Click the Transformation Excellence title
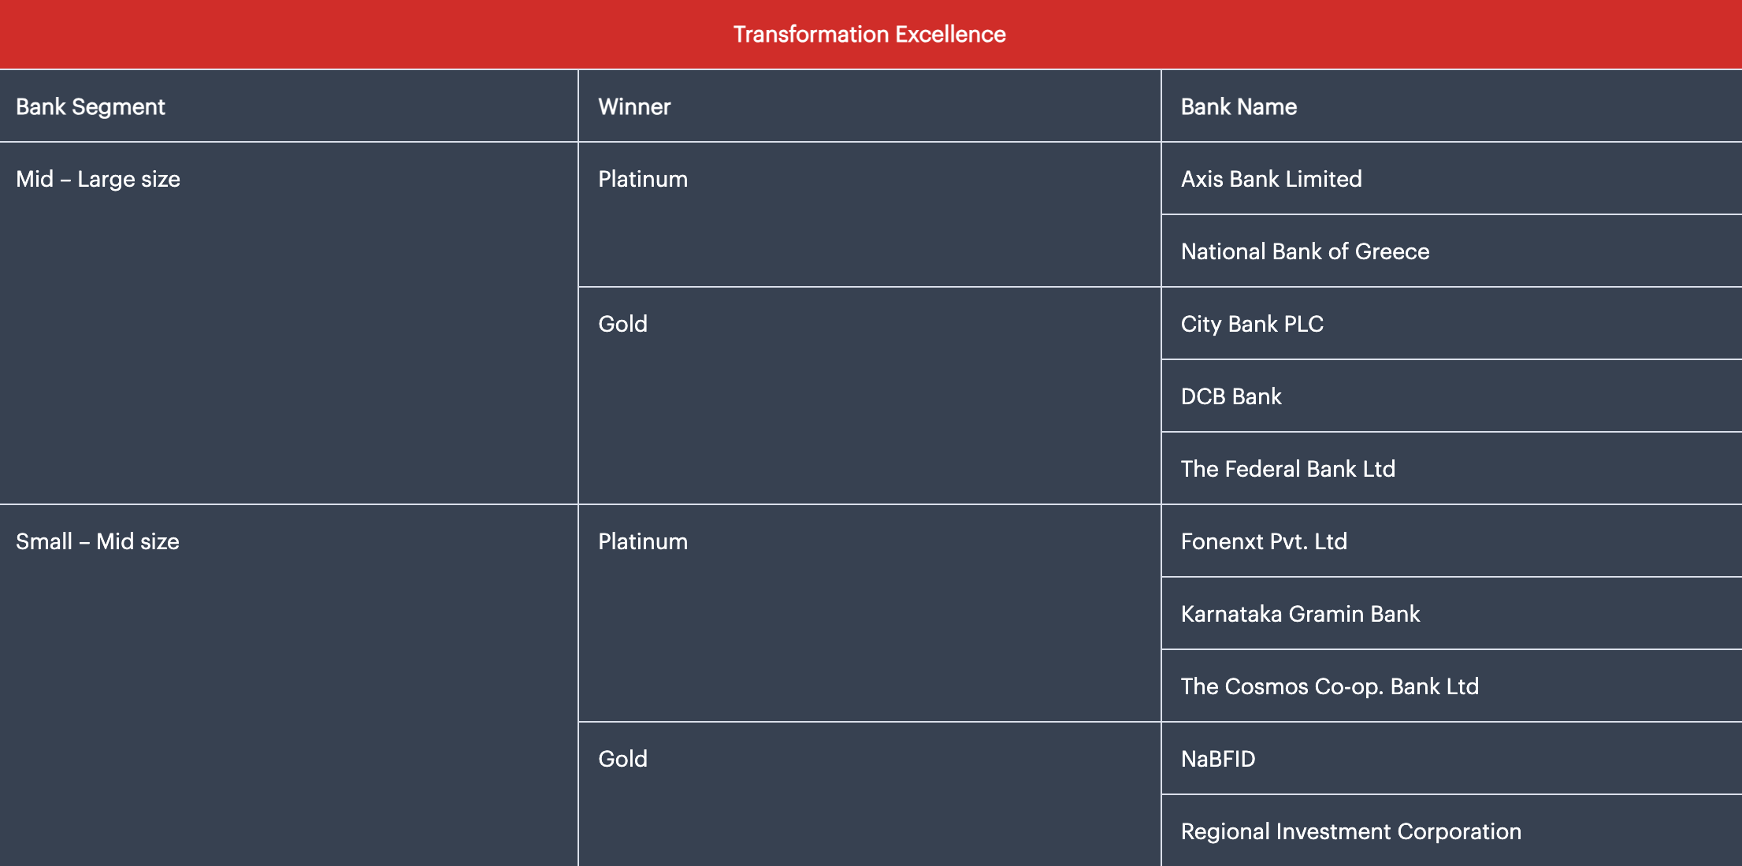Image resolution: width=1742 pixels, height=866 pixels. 869,35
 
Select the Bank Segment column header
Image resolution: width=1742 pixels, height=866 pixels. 91,107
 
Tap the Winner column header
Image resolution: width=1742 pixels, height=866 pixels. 634,107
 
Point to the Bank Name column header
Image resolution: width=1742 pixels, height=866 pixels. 1239,107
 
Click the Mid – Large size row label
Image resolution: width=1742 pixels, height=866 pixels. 98,180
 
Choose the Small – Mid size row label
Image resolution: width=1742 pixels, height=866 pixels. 98,542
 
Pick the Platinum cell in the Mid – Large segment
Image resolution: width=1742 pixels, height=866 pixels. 643,180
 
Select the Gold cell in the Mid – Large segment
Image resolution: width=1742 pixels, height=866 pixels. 622,324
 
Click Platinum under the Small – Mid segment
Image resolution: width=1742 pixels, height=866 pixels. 643,542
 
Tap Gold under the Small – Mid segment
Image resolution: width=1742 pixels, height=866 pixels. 622,759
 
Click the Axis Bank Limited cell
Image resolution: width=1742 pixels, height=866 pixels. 1271,180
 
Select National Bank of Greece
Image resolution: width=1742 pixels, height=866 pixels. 1305,252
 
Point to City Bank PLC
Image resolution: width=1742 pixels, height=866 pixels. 1252,325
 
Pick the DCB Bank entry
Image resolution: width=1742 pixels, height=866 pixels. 1231,396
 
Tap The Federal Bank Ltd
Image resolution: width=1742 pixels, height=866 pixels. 1288,469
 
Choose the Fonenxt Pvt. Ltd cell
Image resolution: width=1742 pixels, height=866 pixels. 1264,541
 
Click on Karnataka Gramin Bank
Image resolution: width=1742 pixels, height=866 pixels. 1300,614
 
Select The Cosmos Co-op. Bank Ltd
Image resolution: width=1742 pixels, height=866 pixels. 1330,687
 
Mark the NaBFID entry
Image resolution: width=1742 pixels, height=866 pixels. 1218,759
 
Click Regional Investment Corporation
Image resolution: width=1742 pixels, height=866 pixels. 1351,831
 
